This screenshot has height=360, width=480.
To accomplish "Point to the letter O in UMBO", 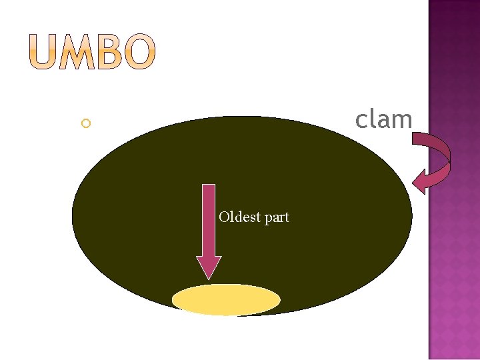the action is tap(140, 54).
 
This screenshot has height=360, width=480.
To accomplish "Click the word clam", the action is tap(383, 120).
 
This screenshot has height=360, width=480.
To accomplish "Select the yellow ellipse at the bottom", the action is tap(226, 300).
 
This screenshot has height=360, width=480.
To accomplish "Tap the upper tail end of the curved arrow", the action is tap(417, 139).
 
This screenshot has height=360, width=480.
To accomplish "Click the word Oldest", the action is tap(240, 217).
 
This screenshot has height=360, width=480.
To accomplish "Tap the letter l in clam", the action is tap(373, 119).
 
